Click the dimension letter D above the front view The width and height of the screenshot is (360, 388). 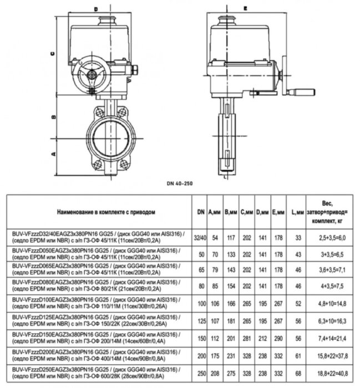click(95, 9)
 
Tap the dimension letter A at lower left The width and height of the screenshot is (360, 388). click(52, 153)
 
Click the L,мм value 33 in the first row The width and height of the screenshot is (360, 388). click(298, 238)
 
